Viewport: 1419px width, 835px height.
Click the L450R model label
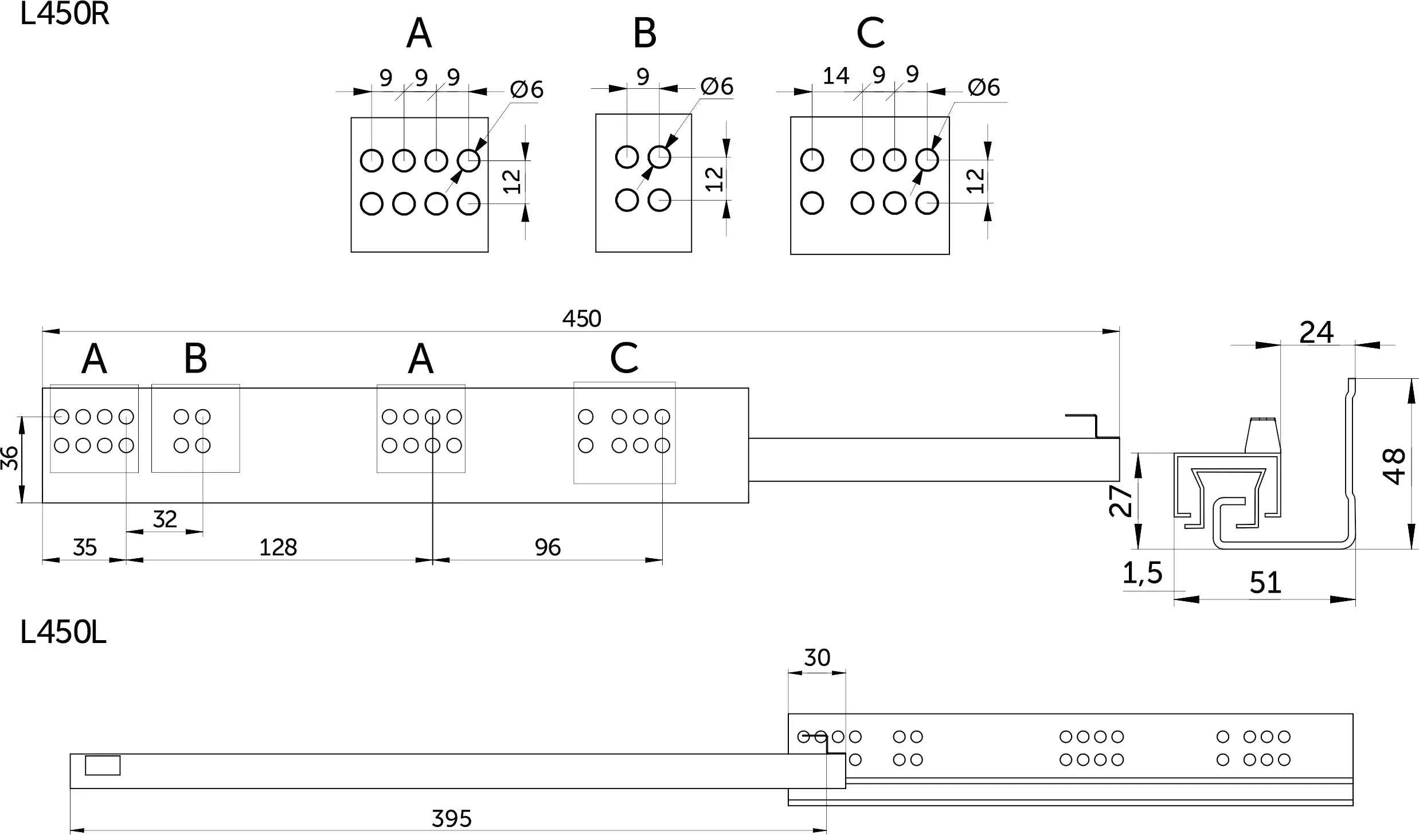[x=64, y=14]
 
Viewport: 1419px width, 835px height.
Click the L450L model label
[x=63, y=633]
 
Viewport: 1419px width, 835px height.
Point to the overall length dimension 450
[x=581, y=319]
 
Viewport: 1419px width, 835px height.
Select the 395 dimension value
[x=452, y=819]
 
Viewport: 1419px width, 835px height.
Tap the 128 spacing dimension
[x=278, y=547]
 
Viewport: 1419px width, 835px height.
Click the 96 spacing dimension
[x=548, y=547]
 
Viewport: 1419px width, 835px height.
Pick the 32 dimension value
[x=165, y=519]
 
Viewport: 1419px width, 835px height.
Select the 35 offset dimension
[x=85, y=547]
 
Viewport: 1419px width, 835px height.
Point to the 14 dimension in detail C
[x=835, y=76]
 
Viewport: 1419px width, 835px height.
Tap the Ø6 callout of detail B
[x=717, y=86]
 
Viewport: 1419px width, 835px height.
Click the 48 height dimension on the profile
[x=1394, y=466]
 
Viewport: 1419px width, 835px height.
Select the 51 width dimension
[x=1265, y=583]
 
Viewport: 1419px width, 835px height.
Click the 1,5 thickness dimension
[x=1142, y=573]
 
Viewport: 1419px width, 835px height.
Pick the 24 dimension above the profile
[x=1316, y=332]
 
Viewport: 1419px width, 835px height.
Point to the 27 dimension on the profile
[x=1120, y=500]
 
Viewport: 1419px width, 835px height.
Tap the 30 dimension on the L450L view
[x=817, y=657]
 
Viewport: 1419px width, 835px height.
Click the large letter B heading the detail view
[x=644, y=33]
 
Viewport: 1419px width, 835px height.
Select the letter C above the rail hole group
[x=624, y=358]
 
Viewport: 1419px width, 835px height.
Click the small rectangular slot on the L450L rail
[x=103, y=766]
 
